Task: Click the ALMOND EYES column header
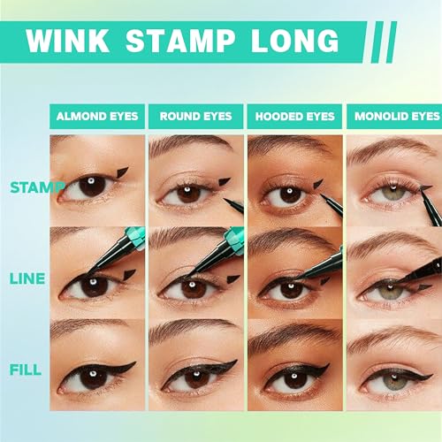pyautogui.click(x=96, y=117)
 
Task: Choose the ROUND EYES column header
pyautogui.click(x=195, y=117)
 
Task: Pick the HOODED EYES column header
pyautogui.click(x=294, y=117)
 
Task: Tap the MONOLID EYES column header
pyautogui.click(x=396, y=117)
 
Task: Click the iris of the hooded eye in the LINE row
pyautogui.click(x=288, y=288)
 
